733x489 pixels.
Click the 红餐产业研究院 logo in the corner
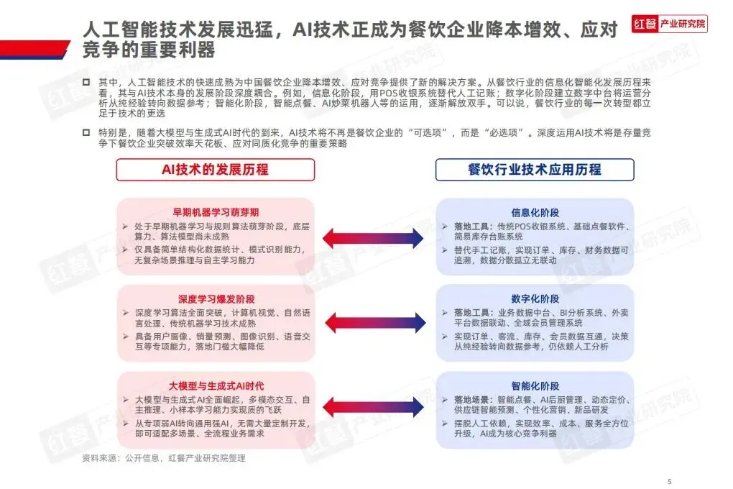tap(669, 24)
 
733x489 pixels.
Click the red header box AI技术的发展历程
tap(216, 170)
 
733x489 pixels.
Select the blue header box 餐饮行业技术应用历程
tap(535, 170)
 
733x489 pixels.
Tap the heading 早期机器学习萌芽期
tap(216, 212)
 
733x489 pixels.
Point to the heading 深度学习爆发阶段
tap(216, 298)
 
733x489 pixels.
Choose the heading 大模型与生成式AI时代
tap(216, 385)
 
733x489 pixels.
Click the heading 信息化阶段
tap(535, 212)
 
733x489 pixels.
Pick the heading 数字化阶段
tap(535, 298)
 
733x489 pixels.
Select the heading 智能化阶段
tap(535, 385)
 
